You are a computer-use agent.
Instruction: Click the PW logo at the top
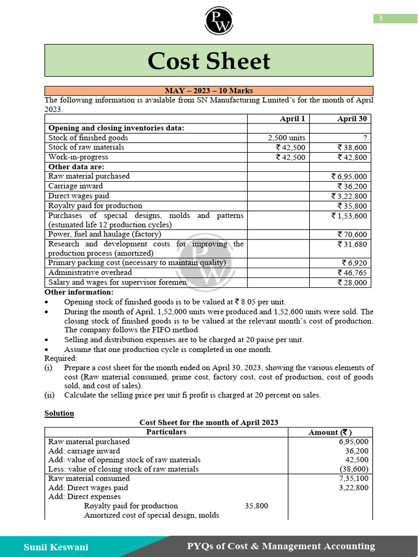(x=218, y=20)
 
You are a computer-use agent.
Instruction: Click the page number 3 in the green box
(x=380, y=18)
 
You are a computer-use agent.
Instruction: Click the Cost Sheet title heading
(x=208, y=61)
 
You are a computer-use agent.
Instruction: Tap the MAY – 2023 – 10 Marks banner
(x=208, y=91)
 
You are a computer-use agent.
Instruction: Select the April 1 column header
(x=292, y=119)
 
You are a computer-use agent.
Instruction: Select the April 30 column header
(x=352, y=119)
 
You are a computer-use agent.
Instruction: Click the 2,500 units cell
(x=286, y=138)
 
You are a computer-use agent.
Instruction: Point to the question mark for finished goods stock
(x=365, y=138)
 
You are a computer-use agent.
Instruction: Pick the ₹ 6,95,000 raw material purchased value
(x=349, y=176)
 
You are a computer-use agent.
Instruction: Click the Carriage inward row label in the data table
(x=75, y=186)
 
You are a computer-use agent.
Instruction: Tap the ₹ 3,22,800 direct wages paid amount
(x=349, y=196)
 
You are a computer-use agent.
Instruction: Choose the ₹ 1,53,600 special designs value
(x=349, y=215)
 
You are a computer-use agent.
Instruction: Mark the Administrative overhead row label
(x=90, y=273)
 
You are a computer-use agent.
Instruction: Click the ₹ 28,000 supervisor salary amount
(x=352, y=282)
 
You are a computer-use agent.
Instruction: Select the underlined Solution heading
(x=59, y=413)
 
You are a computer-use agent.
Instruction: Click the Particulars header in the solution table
(x=166, y=432)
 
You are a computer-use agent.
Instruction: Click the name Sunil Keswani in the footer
(x=56, y=547)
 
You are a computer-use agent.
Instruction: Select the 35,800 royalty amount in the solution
(x=256, y=506)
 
